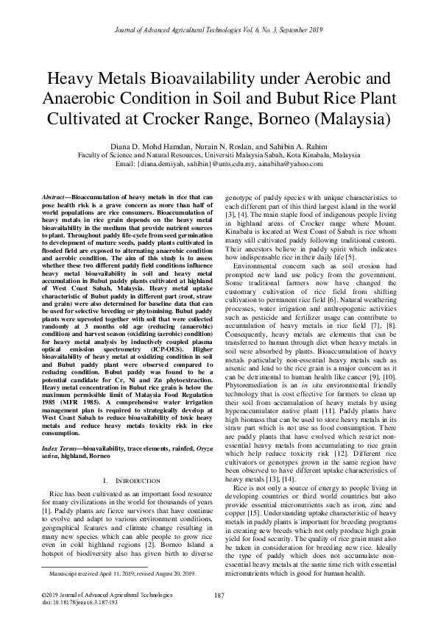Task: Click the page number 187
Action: coord(219,595)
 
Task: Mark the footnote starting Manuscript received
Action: coord(121,572)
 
